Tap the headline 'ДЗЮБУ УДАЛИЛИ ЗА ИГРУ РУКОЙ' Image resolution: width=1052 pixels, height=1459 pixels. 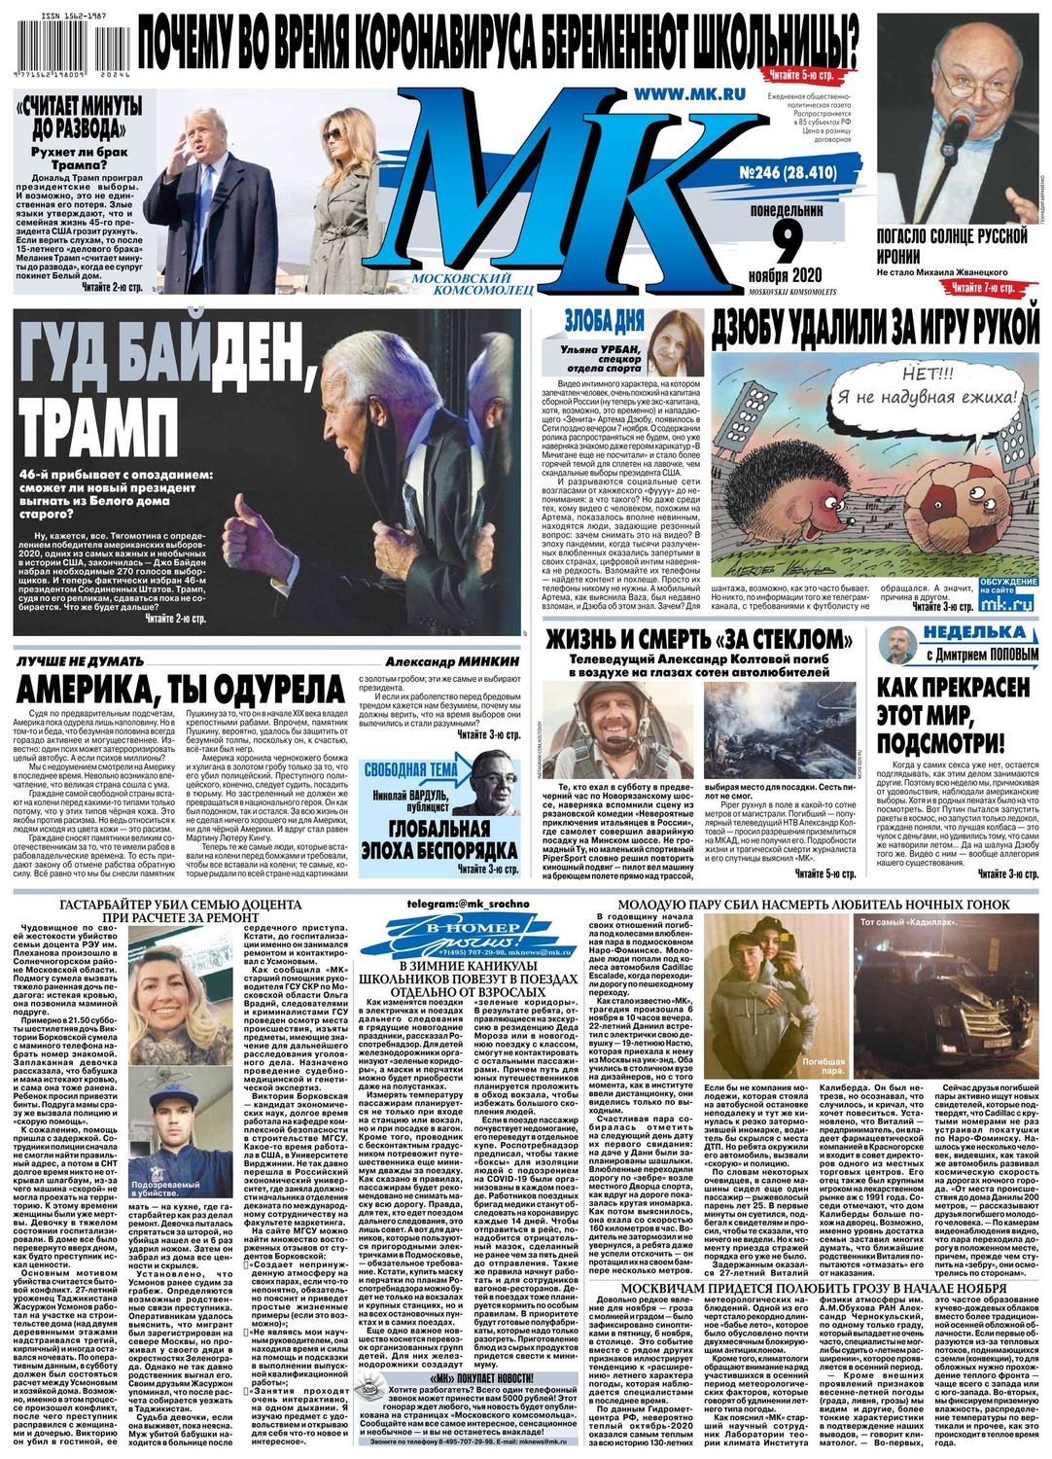click(875, 329)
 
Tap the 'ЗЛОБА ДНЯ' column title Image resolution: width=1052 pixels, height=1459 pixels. click(604, 321)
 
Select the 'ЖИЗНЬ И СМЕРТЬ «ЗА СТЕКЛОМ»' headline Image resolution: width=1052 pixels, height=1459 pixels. click(698, 640)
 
